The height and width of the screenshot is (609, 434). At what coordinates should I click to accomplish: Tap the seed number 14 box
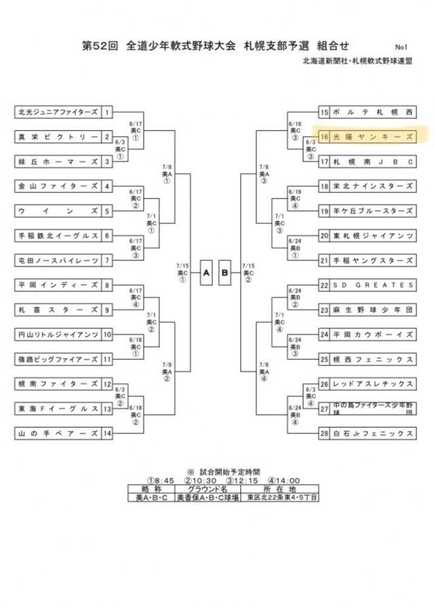tap(107, 432)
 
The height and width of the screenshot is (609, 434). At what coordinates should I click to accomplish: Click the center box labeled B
tap(226, 272)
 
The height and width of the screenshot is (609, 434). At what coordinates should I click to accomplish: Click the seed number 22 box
tap(324, 284)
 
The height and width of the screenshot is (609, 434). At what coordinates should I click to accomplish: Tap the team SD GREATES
tap(371, 284)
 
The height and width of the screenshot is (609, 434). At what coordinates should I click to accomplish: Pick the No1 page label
tap(400, 47)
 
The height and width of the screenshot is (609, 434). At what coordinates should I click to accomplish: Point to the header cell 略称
tap(147, 488)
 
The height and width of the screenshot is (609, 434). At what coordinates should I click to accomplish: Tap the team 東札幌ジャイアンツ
tap(371, 235)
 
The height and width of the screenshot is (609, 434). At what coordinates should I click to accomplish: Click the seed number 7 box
tap(107, 260)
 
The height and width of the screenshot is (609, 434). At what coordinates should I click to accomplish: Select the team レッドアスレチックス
tap(371, 384)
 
